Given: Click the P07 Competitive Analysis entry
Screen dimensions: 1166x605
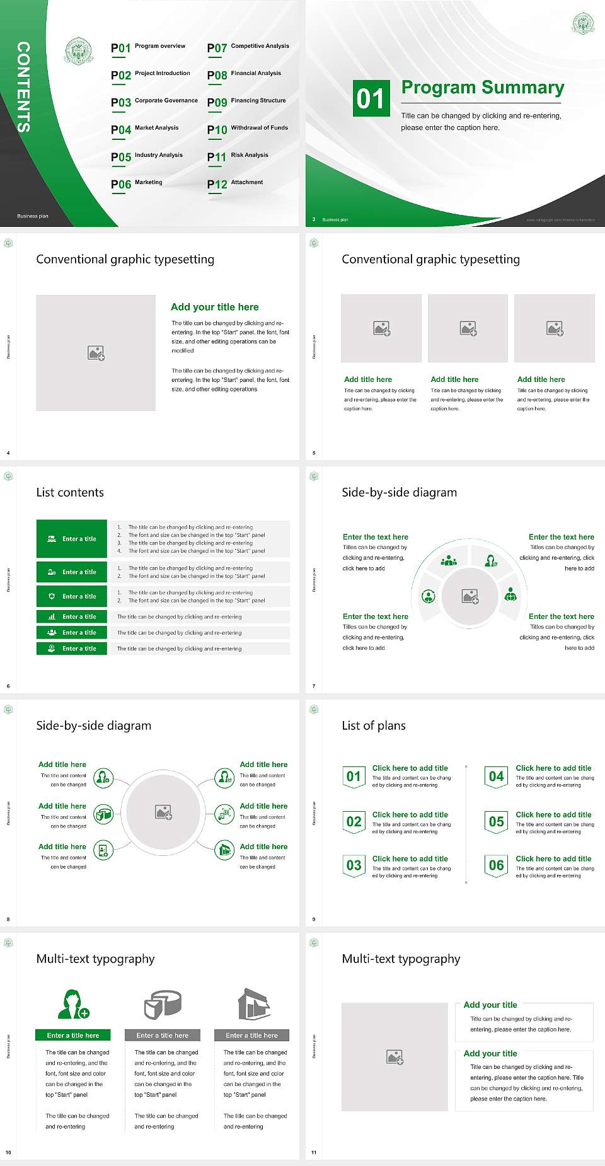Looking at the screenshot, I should click(248, 47).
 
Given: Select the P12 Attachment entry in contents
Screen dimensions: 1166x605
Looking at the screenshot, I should click(235, 183).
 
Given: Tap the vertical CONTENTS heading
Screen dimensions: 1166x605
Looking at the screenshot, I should click(23, 87).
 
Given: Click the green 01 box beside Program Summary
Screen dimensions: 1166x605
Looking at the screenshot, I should click(371, 98).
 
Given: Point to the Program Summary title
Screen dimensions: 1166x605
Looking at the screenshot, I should click(482, 88).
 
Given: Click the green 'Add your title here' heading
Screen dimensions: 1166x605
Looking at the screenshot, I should click(214, 307).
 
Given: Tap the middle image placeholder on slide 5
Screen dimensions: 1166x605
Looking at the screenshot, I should click(468, 328).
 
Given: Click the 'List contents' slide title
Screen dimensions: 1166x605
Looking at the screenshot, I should click(70, 492).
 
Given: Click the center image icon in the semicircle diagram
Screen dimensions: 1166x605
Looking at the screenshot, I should click(470, 596).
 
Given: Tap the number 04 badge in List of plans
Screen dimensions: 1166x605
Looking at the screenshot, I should click(497, 776).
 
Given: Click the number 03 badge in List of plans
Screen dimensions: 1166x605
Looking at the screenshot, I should click(354, 865).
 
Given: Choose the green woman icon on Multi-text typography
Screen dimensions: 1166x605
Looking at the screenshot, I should click(72, 1004).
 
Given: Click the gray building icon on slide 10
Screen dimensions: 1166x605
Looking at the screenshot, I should click(254, 1004).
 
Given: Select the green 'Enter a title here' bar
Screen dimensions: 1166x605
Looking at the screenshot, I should click(72, 1035).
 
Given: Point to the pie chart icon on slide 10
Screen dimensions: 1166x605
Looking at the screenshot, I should click(163, 1004).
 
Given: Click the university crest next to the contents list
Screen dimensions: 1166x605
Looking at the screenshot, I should click(79, 52).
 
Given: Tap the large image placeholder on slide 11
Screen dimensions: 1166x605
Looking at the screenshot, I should click(395, 1057).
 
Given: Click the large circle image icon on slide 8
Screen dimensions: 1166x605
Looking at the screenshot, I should click(164, 812).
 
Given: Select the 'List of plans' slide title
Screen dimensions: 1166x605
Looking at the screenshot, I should click(374, 725).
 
